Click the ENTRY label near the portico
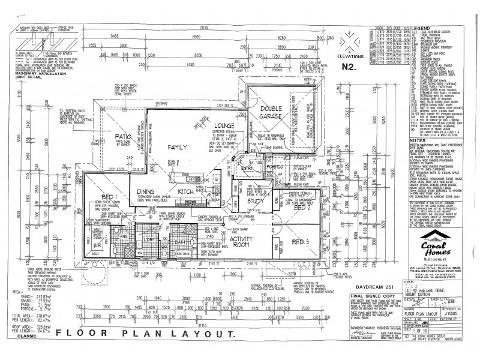pyautogui.click(x=248, y=169)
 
